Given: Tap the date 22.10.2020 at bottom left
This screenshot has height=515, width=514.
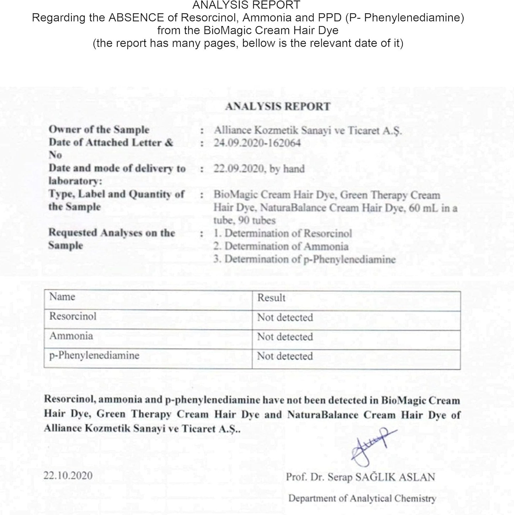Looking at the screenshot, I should tap(68, 476).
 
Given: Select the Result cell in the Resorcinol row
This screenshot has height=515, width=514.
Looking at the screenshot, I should tap(285, 317).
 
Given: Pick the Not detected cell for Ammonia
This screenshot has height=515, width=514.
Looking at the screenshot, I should tap(285, 337).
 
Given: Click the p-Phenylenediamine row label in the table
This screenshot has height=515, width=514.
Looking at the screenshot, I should tap(94, 355).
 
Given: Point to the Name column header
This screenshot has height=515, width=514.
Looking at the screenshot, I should tap(62, 297).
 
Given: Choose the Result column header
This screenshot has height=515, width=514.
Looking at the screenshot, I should tap(271, 298).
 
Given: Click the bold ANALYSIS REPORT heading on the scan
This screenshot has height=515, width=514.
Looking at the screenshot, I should tap(278, 106).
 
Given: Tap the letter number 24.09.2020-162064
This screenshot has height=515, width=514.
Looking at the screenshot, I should tap(257, 143).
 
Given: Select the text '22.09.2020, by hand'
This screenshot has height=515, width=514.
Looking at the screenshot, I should tap(259, 169).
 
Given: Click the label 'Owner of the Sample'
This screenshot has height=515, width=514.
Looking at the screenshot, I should tap(99, 129).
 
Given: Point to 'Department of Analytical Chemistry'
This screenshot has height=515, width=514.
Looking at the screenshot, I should tap(362, 498).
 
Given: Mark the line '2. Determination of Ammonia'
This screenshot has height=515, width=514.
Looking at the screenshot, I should tap(281, 246).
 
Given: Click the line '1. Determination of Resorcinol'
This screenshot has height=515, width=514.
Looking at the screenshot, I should tap(283, 233).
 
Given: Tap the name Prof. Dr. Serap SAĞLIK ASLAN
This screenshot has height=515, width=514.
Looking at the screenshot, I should tap(360, 477).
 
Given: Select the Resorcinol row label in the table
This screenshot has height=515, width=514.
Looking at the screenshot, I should tap(73, 316).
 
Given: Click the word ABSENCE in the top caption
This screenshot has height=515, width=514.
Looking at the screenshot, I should tap(136, 17).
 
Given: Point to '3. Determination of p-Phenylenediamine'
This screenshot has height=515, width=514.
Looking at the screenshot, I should tap(304, 259).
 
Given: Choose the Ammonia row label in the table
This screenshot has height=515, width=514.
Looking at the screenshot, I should tap(71, 336).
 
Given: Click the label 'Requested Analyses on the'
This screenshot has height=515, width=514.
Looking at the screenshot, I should tap(112, 233).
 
